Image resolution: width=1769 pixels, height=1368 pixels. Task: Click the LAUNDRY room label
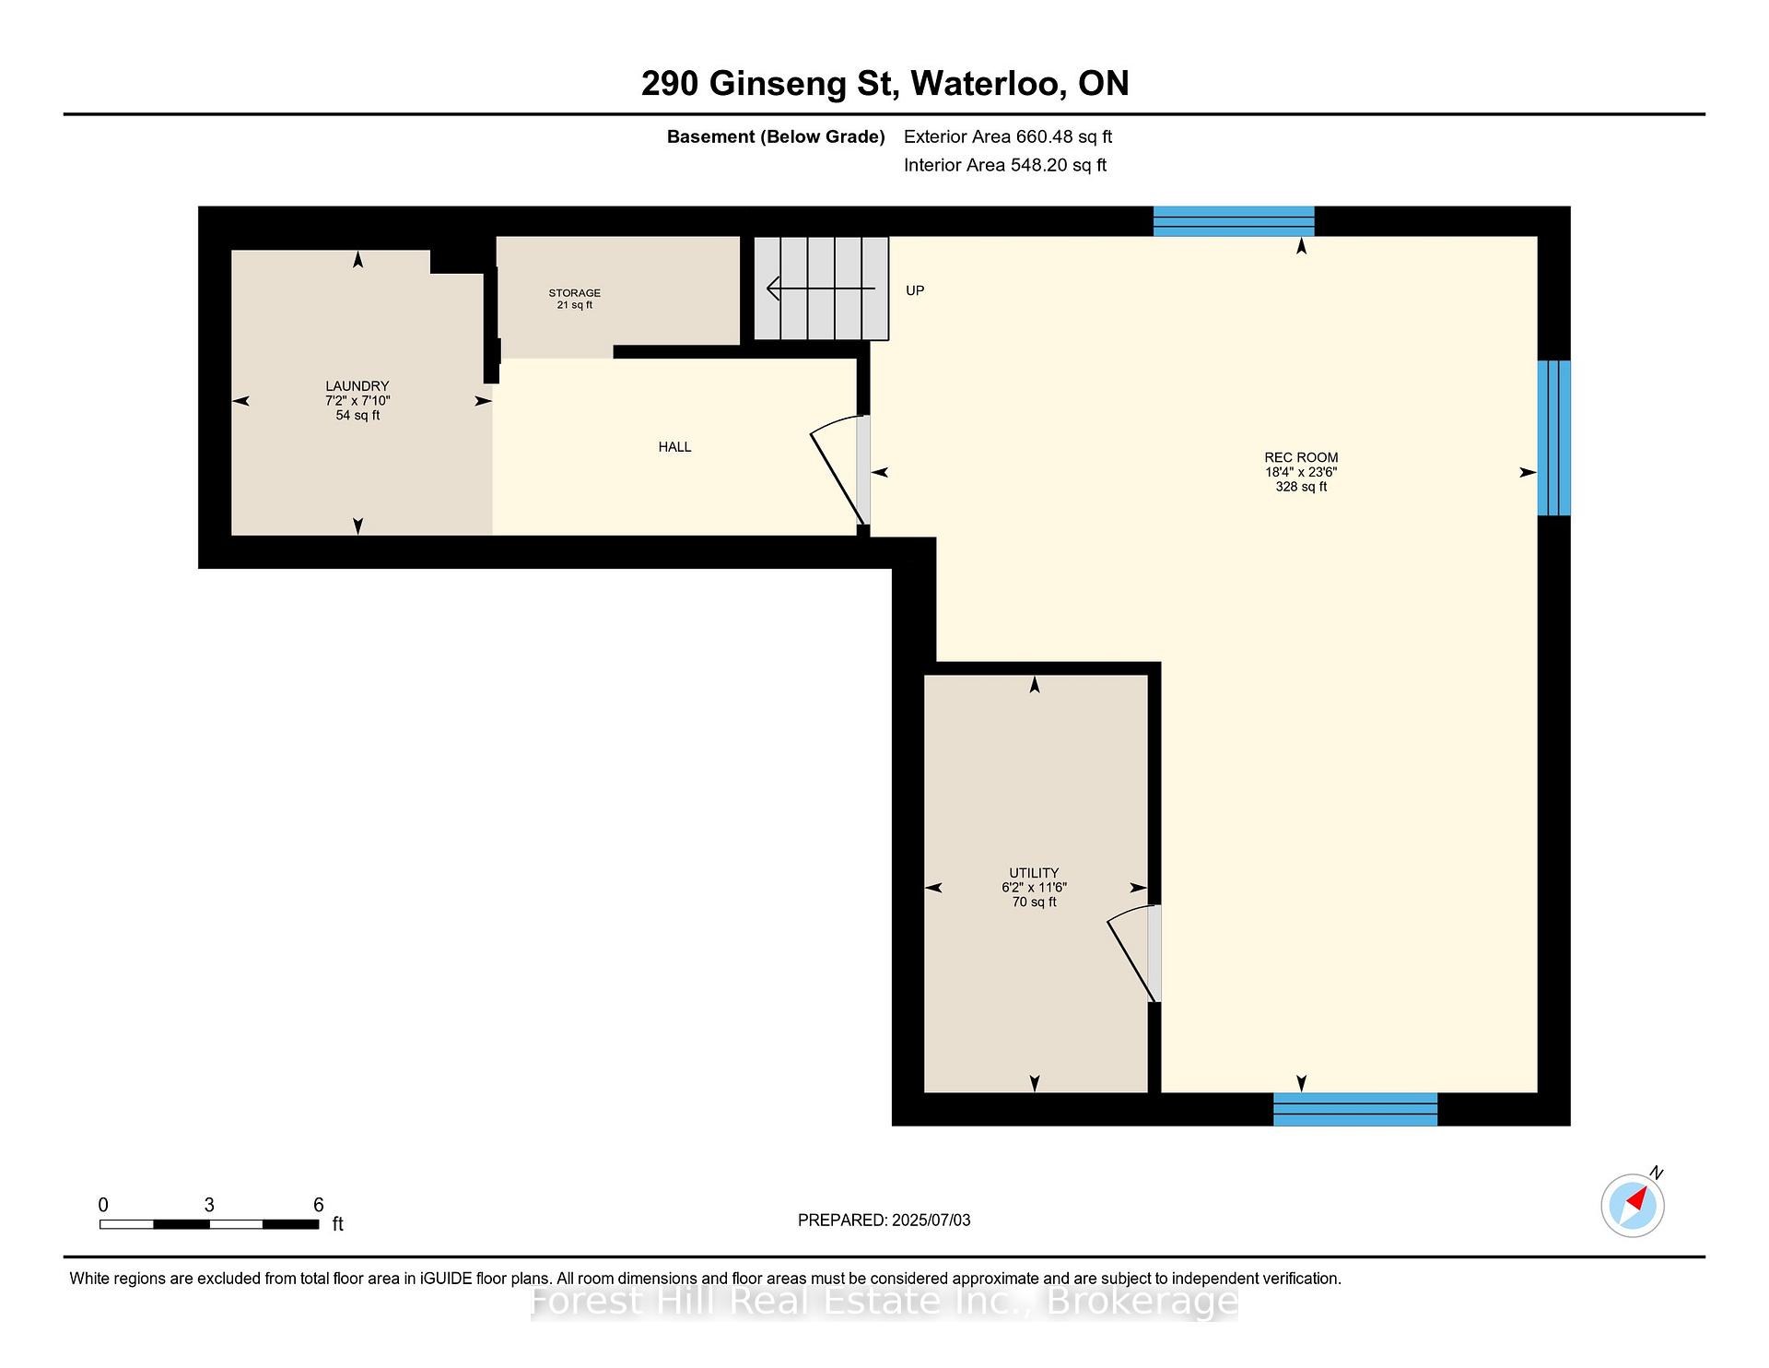[357, 386]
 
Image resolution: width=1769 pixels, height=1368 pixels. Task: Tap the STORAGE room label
[575, 293]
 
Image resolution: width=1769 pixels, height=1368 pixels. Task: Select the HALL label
[674, 447]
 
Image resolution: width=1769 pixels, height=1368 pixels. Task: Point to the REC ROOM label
[1301, 457]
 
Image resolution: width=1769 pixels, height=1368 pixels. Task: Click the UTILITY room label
[1034, 873]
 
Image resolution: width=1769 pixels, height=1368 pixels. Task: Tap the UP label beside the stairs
[915, 290]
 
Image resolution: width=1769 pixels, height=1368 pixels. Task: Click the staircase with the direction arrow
[822, 289]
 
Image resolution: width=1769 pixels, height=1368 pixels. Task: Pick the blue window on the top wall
[1234, 221]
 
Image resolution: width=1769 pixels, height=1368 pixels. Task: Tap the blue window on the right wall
[1553, 438]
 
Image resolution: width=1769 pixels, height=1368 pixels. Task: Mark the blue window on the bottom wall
[1355, 1109]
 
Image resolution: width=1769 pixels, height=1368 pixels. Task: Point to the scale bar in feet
[210, 1224]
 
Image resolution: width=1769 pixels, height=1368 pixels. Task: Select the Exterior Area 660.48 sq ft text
[1008, 137]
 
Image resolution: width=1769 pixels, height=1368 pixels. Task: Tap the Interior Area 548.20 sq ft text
[1005, 166]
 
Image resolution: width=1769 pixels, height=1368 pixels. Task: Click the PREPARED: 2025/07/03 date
[884, 1221]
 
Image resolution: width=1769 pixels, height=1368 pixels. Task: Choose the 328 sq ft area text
[1301, 487]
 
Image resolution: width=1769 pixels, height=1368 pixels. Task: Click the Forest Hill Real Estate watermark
[884, 1302]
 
